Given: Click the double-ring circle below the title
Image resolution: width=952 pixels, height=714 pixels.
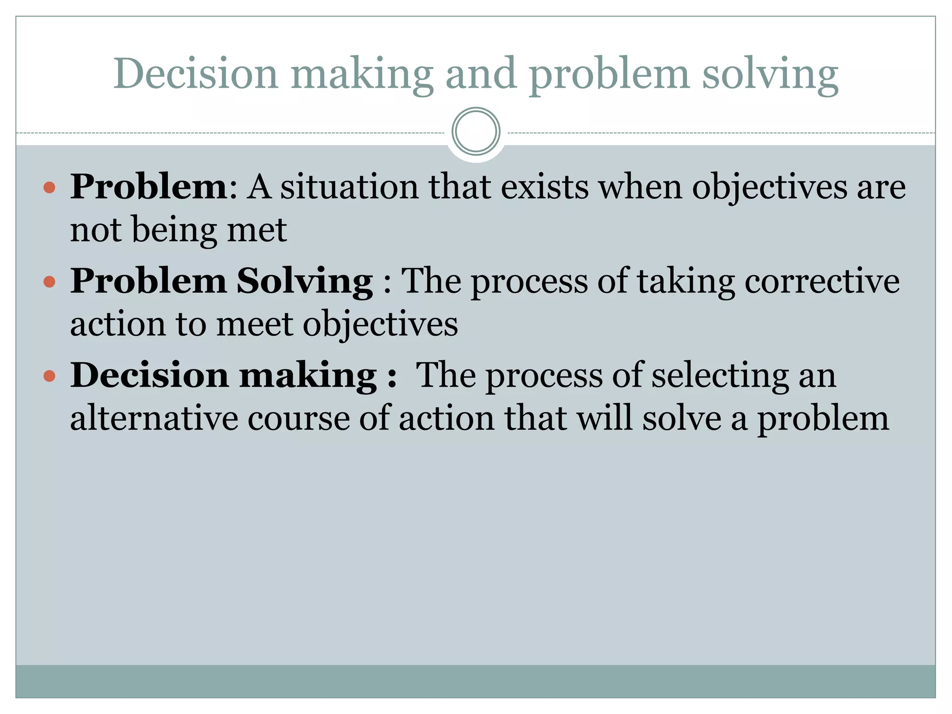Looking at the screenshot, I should pos(476,132).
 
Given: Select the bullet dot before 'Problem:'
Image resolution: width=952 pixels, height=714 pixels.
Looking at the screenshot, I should pos(49,188).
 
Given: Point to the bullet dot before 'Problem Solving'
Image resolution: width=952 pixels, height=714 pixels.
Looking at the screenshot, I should pos(49,282).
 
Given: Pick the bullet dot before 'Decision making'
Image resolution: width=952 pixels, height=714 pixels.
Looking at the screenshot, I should pos(49,376).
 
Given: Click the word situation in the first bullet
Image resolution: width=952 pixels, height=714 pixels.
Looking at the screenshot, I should pos(349,187).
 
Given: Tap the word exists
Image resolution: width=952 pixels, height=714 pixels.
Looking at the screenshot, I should pos(544,187).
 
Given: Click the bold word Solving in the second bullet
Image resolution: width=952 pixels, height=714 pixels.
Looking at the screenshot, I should pos(305,282).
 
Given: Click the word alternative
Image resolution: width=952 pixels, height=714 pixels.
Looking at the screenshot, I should pos(154,418).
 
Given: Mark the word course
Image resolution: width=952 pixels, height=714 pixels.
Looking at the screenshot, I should pos(298,418).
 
